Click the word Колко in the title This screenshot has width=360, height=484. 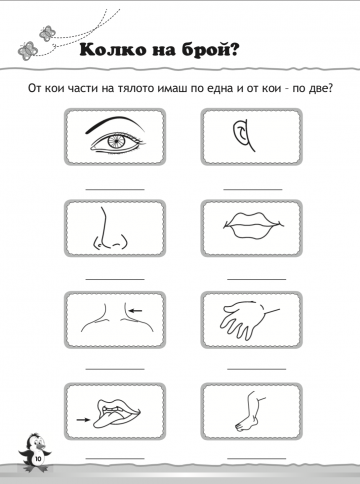point(113,50)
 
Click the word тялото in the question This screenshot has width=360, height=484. point(137,88)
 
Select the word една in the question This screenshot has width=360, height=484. point(217,88)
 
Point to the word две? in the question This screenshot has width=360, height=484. point(320,88)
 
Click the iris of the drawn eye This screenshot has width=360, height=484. point(115,142)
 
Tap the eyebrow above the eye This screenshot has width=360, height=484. point(115,124)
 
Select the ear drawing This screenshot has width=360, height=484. point(243,136)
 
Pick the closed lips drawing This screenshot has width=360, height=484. point(252,226)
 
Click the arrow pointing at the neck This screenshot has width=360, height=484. point(136,311)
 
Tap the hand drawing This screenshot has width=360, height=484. point(248,319)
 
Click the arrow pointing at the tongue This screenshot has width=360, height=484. point(83,420)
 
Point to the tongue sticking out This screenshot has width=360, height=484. point(107,420)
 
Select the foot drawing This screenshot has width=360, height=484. point(250,412)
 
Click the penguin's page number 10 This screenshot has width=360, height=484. point(38,459)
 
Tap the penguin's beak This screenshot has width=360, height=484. point(40,446)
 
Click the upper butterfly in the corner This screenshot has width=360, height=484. point(47,33)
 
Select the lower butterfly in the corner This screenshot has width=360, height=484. point(28,51)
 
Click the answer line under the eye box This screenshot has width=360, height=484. point(115,189)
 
